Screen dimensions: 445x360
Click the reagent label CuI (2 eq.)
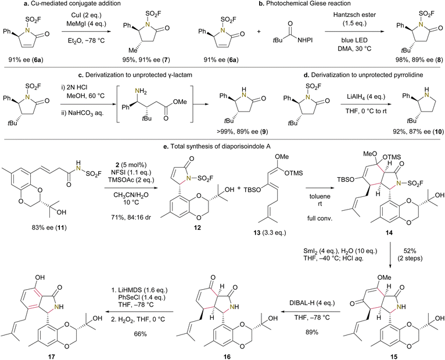click(x=83, y=15)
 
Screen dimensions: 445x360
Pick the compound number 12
click(x=198, y=228)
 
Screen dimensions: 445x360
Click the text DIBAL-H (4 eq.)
click(x=311, y=303)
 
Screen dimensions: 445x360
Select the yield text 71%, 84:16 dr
click(x=130, y=217)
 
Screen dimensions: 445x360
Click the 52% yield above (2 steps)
click(x=410, y=251)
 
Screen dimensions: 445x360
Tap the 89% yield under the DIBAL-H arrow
click(x=311, y=332)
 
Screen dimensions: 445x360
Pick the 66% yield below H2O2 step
click(x=140, y=334)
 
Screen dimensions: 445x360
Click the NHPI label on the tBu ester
click(x=305, y=40)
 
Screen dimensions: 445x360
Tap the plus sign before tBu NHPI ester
click(x=259, y=32)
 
